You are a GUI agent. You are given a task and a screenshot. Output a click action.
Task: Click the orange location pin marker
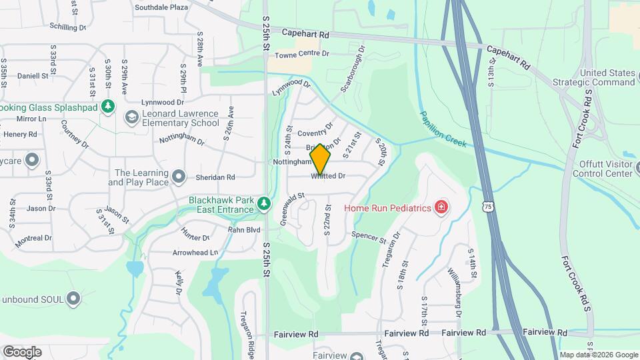(321, 159)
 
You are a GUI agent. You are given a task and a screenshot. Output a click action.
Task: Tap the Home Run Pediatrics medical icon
(441, 209)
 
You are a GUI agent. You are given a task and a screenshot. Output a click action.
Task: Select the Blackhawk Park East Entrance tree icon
(264, 203)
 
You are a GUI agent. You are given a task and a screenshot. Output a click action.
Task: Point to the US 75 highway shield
(489, 207)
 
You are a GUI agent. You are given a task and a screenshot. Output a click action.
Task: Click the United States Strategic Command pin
(627, 82)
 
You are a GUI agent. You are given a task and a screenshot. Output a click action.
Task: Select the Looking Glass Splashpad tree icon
(107, 107)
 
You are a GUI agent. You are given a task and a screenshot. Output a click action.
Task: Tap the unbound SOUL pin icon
(73, 299)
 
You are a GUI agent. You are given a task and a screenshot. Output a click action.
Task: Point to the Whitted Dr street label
(329, 177)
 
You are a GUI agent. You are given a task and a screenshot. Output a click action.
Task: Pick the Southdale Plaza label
(161, 7)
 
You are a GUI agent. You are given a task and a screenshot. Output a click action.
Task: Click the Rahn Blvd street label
(244, 230)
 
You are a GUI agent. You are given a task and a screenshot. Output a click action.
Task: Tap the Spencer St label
(369, 237)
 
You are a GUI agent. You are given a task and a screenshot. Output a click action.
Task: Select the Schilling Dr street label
(68, 27)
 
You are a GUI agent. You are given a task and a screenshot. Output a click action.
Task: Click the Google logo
(22, 352)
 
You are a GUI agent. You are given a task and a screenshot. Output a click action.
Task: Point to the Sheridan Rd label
(215, 177)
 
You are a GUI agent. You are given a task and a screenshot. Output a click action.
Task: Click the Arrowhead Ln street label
(195, 253)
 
